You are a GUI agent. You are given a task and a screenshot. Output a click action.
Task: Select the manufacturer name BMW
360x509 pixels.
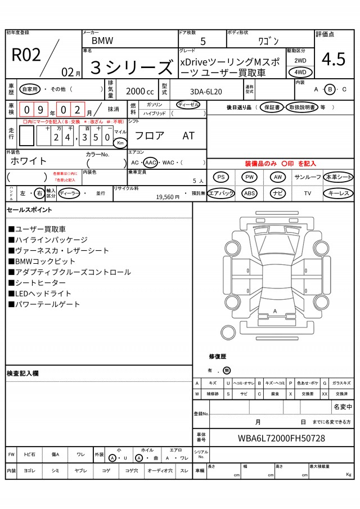[102, 40]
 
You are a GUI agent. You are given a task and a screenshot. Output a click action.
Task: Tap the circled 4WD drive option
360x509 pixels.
[300, 72]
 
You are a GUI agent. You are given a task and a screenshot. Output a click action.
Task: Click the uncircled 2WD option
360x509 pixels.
[300, 60]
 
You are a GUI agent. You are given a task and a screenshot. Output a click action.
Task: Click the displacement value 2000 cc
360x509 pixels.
[139, 91]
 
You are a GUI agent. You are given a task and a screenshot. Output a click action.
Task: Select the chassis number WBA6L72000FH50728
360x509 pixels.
[281, 438]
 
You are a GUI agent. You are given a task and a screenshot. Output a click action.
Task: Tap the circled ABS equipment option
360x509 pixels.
[249, 193]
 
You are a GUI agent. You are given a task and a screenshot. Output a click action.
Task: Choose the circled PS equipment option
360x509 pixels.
[222, 177]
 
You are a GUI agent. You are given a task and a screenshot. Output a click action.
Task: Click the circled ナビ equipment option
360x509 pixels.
[278, 193]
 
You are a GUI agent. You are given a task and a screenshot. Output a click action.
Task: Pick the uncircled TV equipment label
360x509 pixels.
[308, 193]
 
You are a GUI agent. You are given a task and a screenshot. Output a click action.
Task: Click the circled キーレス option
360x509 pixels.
[338, 193]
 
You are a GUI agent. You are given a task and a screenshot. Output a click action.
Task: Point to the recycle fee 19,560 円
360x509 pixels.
[168, 197]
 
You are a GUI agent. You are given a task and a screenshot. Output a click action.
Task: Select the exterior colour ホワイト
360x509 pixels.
[29, 161]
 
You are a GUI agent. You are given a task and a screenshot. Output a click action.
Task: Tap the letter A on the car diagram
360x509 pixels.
[275, 311]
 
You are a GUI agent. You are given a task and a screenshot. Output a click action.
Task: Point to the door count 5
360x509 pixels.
[202, 41]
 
